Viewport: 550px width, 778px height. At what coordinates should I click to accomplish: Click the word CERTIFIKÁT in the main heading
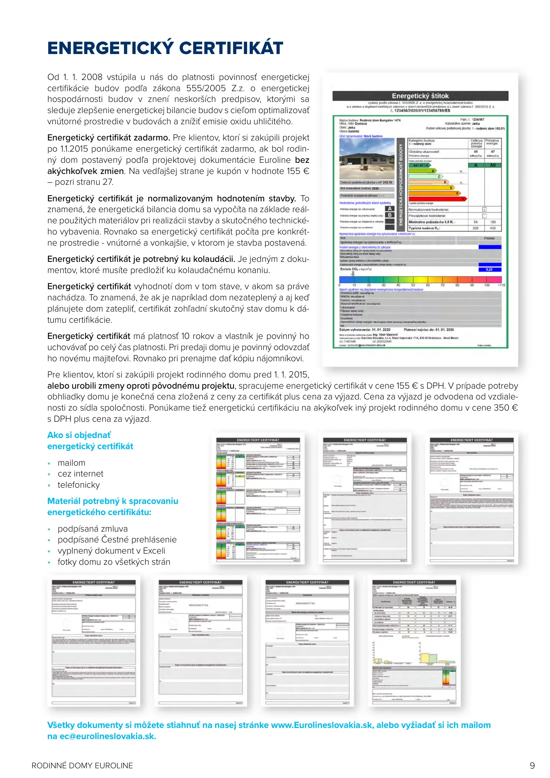coord(231,48)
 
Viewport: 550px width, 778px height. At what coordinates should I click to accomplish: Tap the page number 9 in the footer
coord(532,765)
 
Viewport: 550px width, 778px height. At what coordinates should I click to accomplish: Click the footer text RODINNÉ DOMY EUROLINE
coord(82,765)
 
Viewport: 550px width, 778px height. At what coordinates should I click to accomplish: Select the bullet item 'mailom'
coord(72,463)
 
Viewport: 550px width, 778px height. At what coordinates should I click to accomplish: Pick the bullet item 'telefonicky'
coord(79,485)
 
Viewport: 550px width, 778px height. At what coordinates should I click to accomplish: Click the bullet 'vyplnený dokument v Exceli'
coord(112,551)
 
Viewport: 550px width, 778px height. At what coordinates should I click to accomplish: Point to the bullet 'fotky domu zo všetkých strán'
coord(114,562)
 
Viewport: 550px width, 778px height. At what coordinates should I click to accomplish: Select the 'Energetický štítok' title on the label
coord(420,96)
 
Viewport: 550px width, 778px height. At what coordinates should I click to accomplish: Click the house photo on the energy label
coord(367,159)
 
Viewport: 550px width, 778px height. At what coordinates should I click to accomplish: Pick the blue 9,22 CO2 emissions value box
coord(490,269)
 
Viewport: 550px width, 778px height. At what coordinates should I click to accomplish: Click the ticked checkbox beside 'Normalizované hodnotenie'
coord(484,209)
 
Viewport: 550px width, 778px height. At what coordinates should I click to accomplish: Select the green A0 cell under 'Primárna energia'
coord(492,165)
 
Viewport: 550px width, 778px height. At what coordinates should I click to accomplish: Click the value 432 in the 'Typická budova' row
coord(492,228)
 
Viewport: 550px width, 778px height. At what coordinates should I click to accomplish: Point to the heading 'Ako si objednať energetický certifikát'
coord(90,441)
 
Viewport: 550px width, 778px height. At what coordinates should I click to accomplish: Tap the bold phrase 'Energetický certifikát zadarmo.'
coord(109,138)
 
